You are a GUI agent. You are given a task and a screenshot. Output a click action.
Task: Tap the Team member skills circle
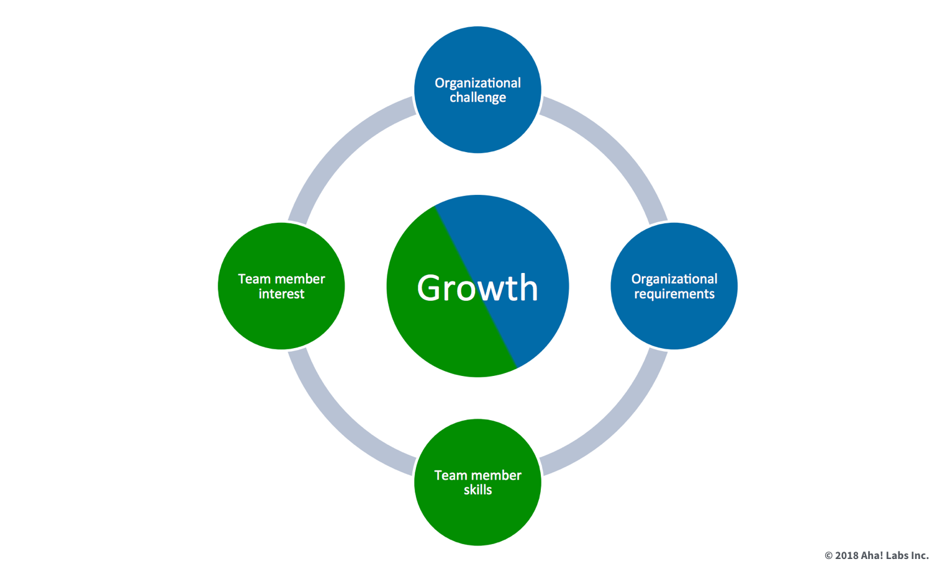tap(477, 515)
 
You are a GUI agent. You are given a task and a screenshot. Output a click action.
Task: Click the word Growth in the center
tap(477, 288)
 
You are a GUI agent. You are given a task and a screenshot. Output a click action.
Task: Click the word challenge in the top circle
tap(477, 98)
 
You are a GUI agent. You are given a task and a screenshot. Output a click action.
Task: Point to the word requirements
tap(674, 294)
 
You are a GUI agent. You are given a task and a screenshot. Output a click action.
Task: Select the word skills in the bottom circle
tap(477, 490)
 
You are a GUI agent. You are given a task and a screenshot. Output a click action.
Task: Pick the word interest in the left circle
tap(281, 294)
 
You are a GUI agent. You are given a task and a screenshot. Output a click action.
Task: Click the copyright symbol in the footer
tap(828, 556)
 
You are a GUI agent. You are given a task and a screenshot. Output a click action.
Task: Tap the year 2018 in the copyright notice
tap(846, 556)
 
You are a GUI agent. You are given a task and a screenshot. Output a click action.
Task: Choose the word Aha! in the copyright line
tap(872, 556)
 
